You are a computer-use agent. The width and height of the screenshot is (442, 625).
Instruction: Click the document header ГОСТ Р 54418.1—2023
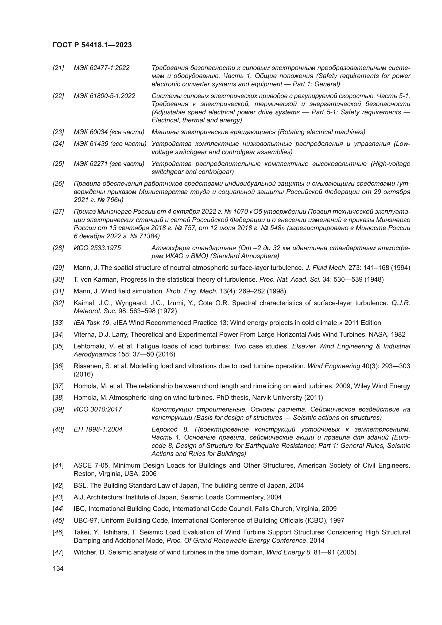(92, 45)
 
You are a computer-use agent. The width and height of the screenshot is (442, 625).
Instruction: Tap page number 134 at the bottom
(58, 568)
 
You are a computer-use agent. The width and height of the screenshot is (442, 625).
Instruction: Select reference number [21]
(58, 68)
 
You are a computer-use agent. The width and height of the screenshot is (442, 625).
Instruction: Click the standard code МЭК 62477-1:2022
(102, 68)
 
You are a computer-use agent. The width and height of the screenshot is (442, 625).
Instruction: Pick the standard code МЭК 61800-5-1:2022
(104, 96)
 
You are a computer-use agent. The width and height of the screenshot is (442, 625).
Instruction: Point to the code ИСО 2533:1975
(97, 248)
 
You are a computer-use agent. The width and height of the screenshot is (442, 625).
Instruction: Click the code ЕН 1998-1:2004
(98, 429)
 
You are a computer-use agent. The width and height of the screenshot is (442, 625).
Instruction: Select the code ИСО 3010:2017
(98, 409)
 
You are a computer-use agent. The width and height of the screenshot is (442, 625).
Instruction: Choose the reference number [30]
(58, 279)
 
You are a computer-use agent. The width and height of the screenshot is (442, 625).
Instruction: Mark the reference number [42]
(58, 485)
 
